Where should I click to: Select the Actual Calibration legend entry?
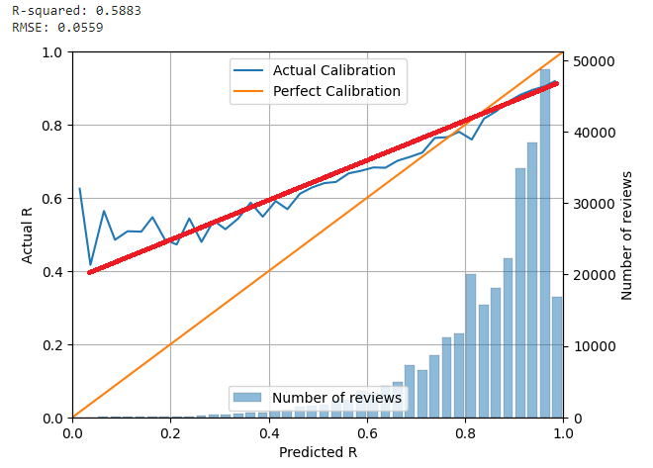(333, 70)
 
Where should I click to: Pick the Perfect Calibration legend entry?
(336, 91)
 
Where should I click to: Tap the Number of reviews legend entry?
(336, 398)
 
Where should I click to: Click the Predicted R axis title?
(317, 451)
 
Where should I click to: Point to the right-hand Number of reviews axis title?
(627, 235)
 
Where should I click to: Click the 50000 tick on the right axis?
(592, 61)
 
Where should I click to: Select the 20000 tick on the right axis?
(592, 275)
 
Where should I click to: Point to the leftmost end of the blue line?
(79, 189)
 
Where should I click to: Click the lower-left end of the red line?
(90, 272)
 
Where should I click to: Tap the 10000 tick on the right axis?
(592, 346)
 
